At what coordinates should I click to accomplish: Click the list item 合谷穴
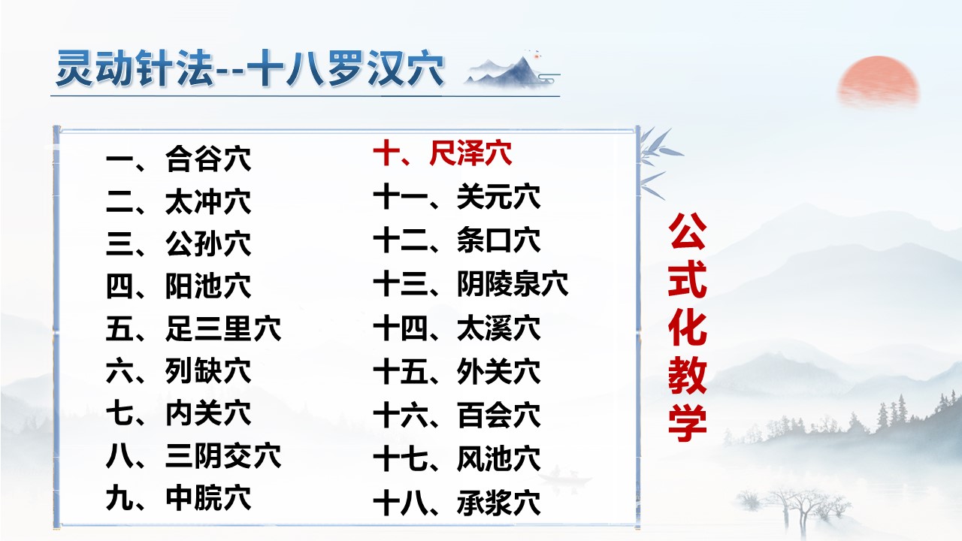pyautogui.click(x=179, y=159)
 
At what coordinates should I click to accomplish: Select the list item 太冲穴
pyautogui.click(x=179, y=202)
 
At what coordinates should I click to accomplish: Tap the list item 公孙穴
pyautogui.click(x=179, y=244)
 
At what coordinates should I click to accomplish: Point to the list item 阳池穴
pyautogui.click(x=179, y=286)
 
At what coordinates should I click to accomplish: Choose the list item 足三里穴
pyautogui.click(x=194, y=329)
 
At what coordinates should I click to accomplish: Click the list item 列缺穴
pyautogui.click(x=179, y=371)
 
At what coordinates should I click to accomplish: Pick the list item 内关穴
pyautogui.click(x=179, y=413)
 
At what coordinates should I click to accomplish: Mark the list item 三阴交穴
pyautogui.click(x=194, y=456)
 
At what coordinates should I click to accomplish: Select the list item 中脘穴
pyautogui.click(x=179, y=498)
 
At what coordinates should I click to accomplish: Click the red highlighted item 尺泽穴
pyautogui.click(x=443, y=155)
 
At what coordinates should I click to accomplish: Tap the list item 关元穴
pyautogui.click(x=457, y=198)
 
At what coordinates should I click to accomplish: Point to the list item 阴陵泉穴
pyautogui.click(x=470, y=284)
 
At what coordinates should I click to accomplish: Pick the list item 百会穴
pyautogui.click(x=457, y=415)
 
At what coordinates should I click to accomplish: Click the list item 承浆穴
pyautogui.click(x=457, y=502)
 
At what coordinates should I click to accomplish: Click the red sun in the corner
pyautogui.click(x=879, y=81)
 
